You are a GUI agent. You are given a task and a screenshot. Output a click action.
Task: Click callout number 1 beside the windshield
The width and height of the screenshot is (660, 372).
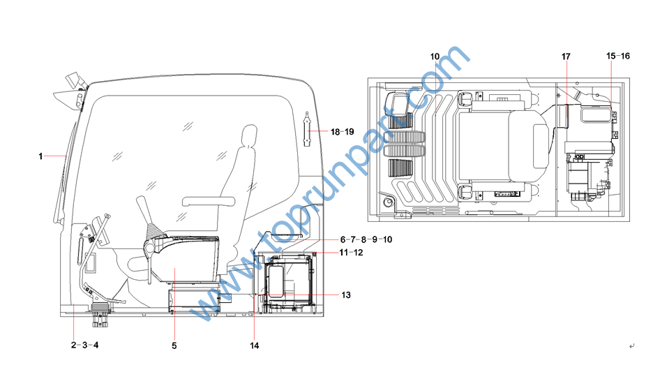pos(40,156)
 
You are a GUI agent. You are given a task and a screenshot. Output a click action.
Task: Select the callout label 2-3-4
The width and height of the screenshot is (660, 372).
pos(84,345)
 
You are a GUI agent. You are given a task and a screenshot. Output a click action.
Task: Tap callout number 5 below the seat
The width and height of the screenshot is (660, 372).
pos(174,345)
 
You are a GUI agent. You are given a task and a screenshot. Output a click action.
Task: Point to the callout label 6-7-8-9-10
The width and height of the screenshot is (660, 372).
pos(366,239)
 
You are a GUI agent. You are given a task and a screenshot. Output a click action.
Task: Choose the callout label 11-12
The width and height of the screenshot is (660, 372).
pos(351,253)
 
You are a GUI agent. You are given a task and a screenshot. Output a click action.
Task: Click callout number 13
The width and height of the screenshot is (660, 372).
pos(346,295)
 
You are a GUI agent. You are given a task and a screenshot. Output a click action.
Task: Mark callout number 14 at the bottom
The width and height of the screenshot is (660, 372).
pos(254,345)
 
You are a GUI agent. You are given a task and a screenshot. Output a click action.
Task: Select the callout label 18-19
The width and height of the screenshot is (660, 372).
pos(342,132)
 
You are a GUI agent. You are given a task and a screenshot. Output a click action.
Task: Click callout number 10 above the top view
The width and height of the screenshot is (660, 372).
pos(435,57)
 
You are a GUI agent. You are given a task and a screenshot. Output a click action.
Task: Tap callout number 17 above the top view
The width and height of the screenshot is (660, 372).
pos(566,57)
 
